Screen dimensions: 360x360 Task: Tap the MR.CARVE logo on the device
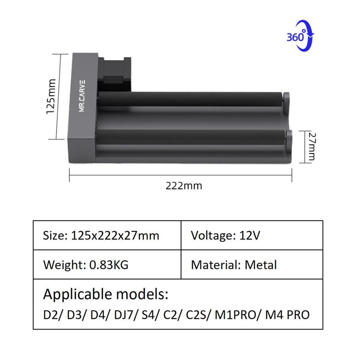click(82, 95)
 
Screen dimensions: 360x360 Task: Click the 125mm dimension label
click(51, 96)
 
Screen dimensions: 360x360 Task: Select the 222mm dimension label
click(184, 185)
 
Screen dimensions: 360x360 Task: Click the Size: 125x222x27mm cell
click(107, 235)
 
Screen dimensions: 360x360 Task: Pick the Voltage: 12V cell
click(252, 235)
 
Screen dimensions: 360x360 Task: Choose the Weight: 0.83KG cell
click(107, 264)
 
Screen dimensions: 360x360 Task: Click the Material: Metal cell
click(252, 264)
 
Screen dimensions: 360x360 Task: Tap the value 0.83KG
click(109, 264)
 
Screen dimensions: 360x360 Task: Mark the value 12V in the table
click(250, 235)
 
